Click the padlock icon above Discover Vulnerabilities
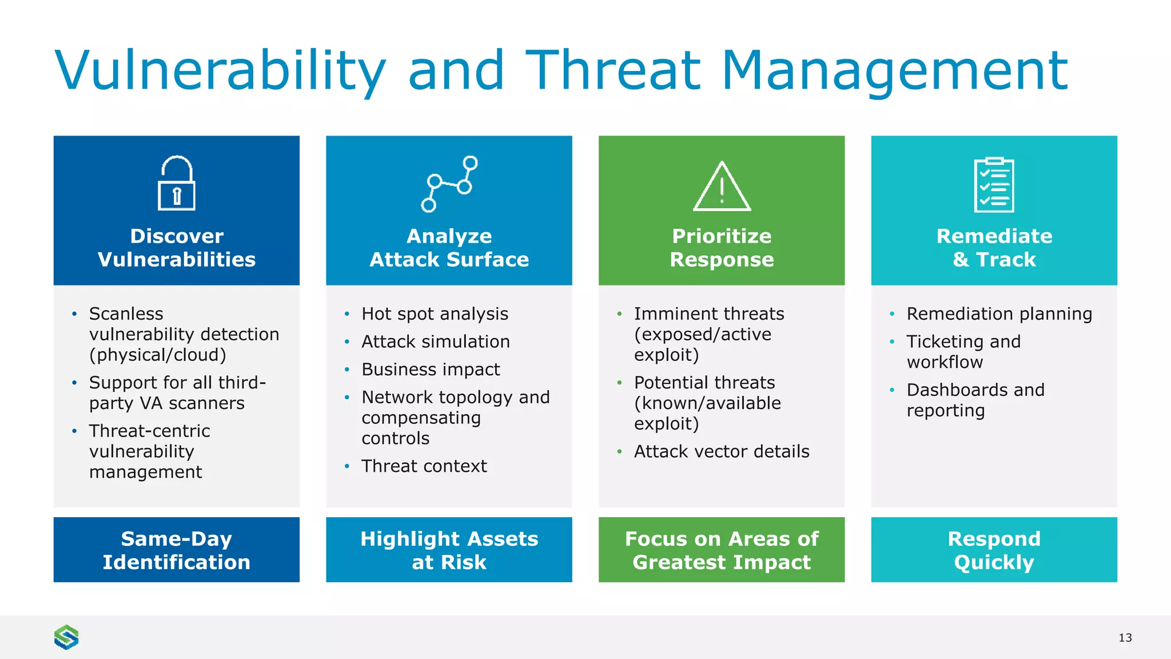tap(176, 183)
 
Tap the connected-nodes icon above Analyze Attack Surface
tap(449, 184)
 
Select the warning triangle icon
tap(722, 186)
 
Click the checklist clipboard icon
tap(994, 185)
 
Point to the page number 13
tap(1125, 637)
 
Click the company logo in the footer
tap(66, 637)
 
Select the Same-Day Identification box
tap(176, 550)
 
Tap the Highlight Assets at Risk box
tap(449, 550)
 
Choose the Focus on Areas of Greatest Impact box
tap(722, 550)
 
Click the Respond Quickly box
tap(994, 550)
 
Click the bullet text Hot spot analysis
tap(435, 313)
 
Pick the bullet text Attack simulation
tap(435, 342)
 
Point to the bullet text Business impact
tap(431, 370)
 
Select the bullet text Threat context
tap(424, 466)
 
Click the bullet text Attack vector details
tap(722, 451)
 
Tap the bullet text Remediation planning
tap(999, 313)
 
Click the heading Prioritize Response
tap(722, 248)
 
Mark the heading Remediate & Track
tap(994, 248)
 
